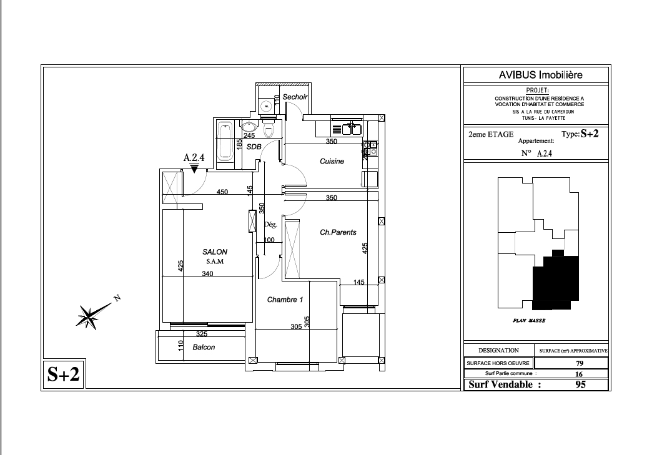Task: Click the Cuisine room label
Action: click(332, 161)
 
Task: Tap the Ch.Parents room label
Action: click(338, 232)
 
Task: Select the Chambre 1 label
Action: click(285, 300)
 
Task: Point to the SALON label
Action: click(215, 252)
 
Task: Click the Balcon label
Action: click(204, 347)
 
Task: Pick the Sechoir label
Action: click(295, 97)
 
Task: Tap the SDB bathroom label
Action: click(254, 147)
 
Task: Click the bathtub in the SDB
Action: click(225, 141)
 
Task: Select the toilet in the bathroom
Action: click(269, 128)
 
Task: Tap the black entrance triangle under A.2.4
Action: click(194, 169)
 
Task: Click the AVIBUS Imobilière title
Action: click(541, 75)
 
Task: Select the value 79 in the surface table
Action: click(580, 363)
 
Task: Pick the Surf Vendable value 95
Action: click(580, 384)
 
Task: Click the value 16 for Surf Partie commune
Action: click(579, 374)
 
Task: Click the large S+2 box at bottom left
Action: click(64, 374)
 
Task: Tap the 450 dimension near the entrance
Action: click(222, 192)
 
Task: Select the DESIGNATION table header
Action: click(498, 350)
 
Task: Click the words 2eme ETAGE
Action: click(491, 134)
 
